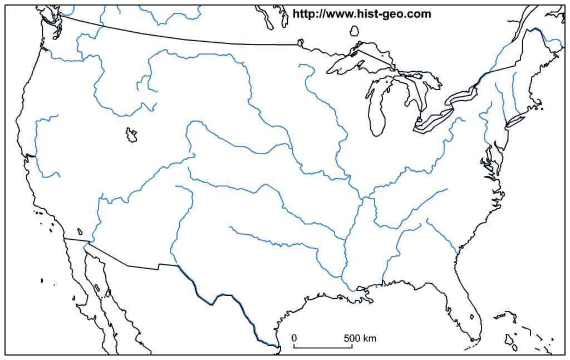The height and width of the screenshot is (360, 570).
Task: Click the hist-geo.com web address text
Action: [x=362, y=14]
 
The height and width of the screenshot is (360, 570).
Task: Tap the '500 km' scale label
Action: [x=360, y=338]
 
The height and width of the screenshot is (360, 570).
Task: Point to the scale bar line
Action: [x=323, y=347]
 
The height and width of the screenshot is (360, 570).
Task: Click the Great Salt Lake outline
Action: [x=131, y=135]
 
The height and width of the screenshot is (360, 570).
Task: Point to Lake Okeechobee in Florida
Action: [x=473, y=317]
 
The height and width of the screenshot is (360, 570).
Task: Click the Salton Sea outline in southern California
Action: [x=80, y=231]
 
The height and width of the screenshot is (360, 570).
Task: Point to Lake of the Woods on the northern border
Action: [x=300, y=42]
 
